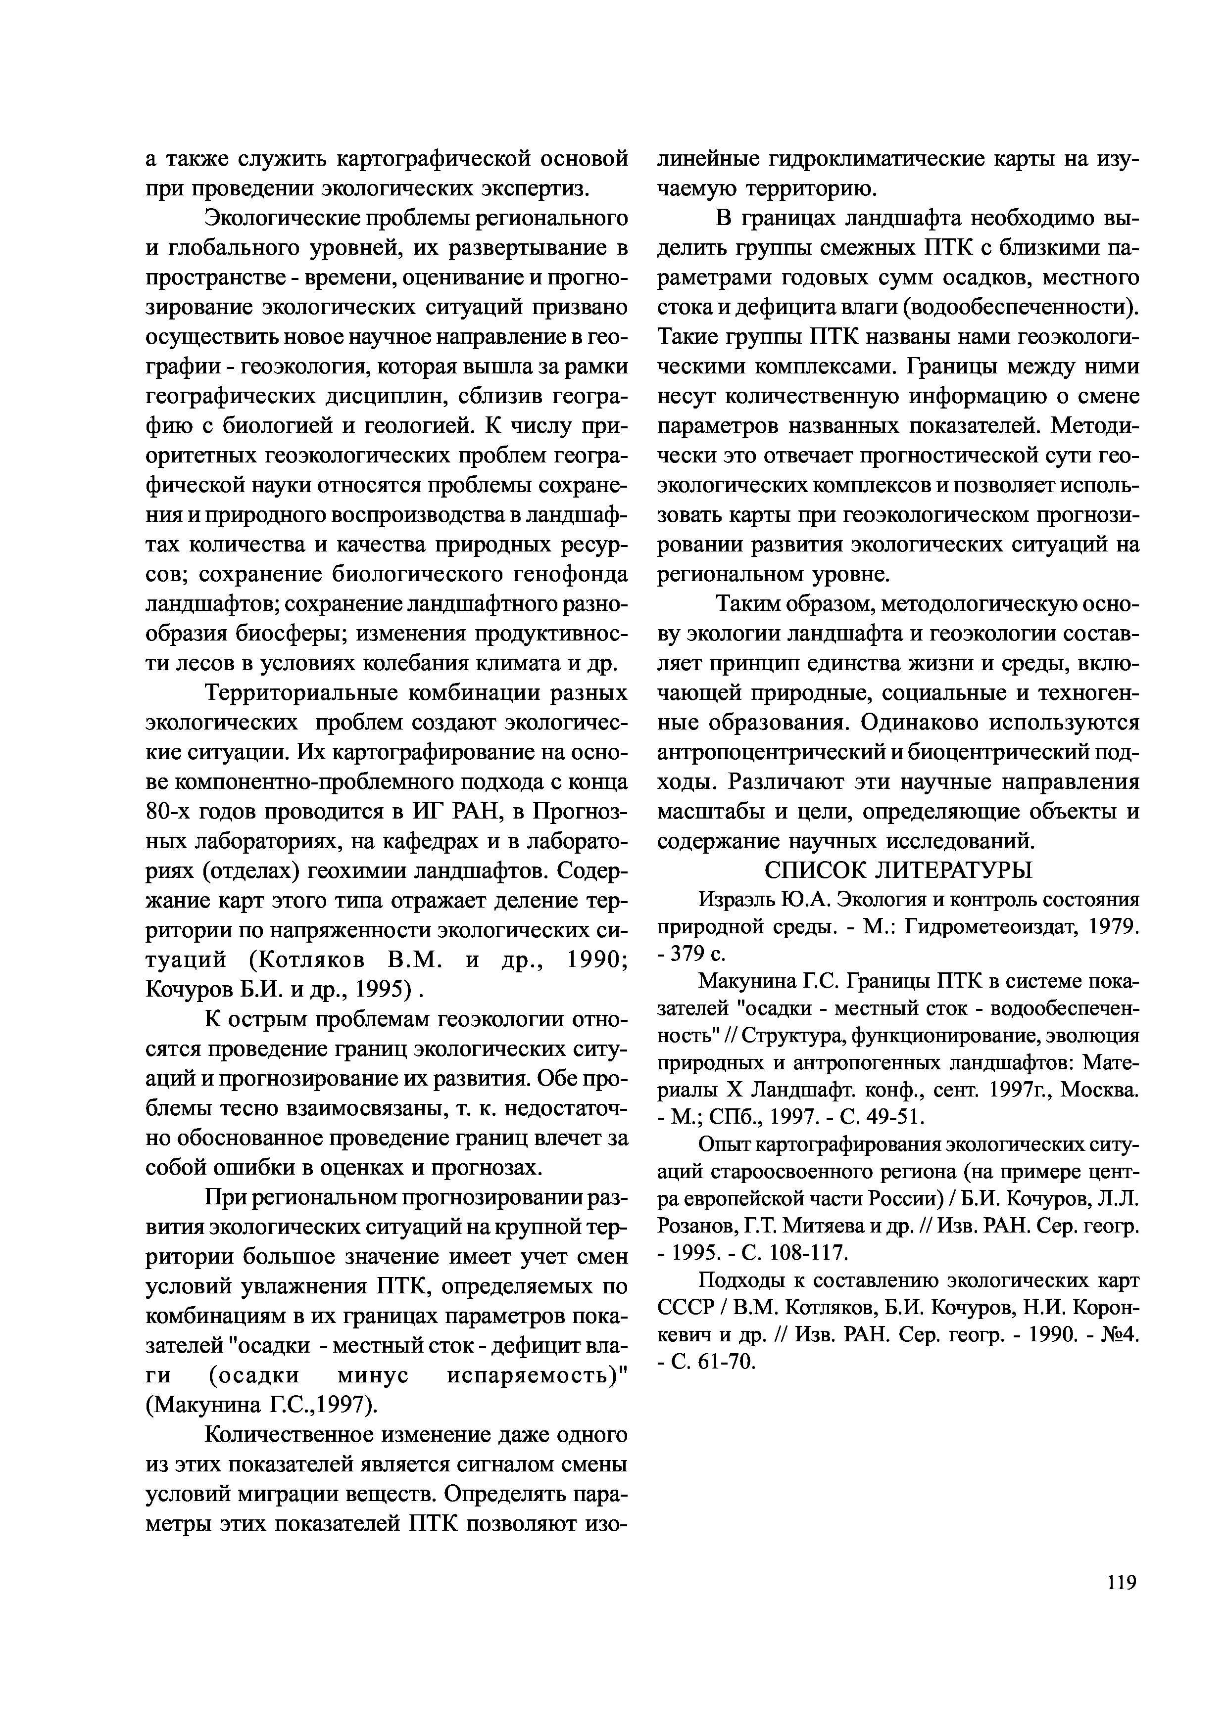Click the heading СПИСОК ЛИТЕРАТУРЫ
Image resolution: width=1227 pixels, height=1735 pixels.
coord(898,870)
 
